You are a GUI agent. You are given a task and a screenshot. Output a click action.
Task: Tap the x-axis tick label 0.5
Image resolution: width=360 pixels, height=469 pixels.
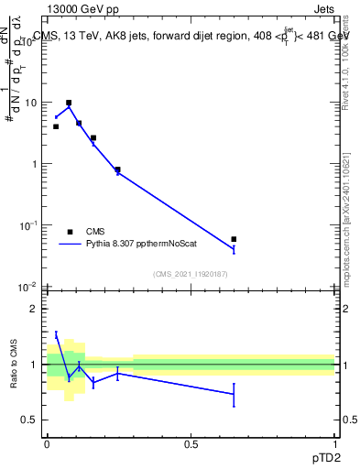191,444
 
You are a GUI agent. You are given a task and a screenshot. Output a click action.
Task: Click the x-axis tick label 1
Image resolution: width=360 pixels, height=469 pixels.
334,444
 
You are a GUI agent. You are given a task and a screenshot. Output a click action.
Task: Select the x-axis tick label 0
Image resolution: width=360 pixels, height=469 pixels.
48,444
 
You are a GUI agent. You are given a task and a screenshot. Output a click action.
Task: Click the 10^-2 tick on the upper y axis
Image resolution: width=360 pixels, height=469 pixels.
27,287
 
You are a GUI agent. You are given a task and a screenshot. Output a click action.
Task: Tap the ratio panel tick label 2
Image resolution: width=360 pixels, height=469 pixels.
35,309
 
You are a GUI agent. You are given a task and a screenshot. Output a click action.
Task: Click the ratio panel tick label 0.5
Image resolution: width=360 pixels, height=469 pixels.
31,420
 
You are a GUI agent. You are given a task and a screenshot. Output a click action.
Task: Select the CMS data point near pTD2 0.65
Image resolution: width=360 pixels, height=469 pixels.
234,239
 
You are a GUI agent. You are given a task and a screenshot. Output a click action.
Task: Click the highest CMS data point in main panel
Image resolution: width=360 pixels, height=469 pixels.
69,103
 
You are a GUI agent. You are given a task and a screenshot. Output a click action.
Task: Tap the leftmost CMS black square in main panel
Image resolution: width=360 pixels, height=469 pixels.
56,126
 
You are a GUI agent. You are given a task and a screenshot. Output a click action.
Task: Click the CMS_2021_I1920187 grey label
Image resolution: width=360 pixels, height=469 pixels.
191,274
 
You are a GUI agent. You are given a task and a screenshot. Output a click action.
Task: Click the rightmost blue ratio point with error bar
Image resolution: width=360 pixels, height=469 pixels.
234,394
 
